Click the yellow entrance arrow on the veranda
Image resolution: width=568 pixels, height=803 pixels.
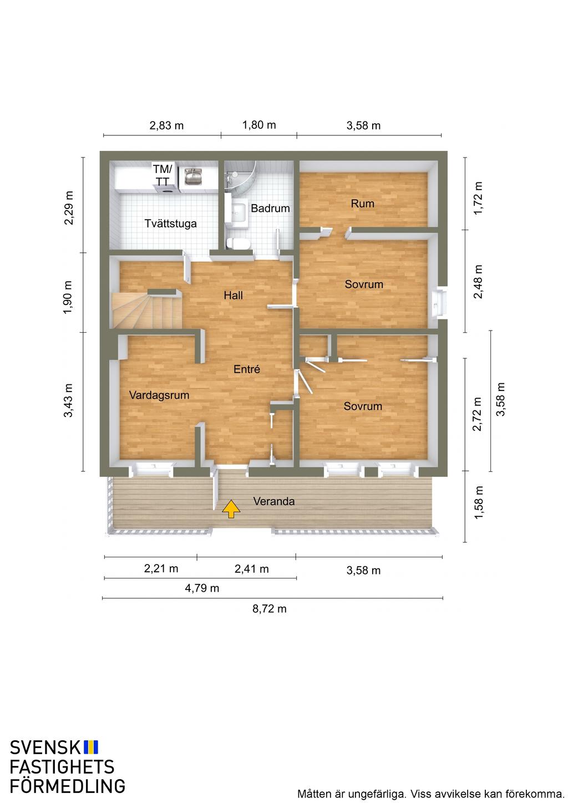(231, 509)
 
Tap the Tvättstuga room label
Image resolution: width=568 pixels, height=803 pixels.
(170, 223)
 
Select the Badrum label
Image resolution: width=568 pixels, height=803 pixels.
(270, 209)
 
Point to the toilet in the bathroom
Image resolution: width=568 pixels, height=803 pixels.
(238, 244)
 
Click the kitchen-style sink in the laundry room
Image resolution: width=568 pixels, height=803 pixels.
(194, 176)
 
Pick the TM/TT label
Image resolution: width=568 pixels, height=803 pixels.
(163, 175)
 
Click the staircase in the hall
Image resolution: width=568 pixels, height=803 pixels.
(148, 310)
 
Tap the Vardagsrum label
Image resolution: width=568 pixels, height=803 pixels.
(159, 395)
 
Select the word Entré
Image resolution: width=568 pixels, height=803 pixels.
(246, 369)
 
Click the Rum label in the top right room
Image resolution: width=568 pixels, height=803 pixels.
(363, 204)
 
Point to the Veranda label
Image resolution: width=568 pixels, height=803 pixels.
(274, 501)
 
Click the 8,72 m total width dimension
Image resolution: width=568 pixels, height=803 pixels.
(269, 609)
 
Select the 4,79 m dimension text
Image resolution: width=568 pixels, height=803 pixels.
(202, 588)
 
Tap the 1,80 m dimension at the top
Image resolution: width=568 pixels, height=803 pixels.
(259, 125)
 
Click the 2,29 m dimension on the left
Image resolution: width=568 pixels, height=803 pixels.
(68, 208)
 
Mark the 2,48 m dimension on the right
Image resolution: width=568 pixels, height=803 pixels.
(478, 281)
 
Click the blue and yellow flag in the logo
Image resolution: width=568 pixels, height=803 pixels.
(91, 747)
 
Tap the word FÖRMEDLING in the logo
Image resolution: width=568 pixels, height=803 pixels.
(68, 786)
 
